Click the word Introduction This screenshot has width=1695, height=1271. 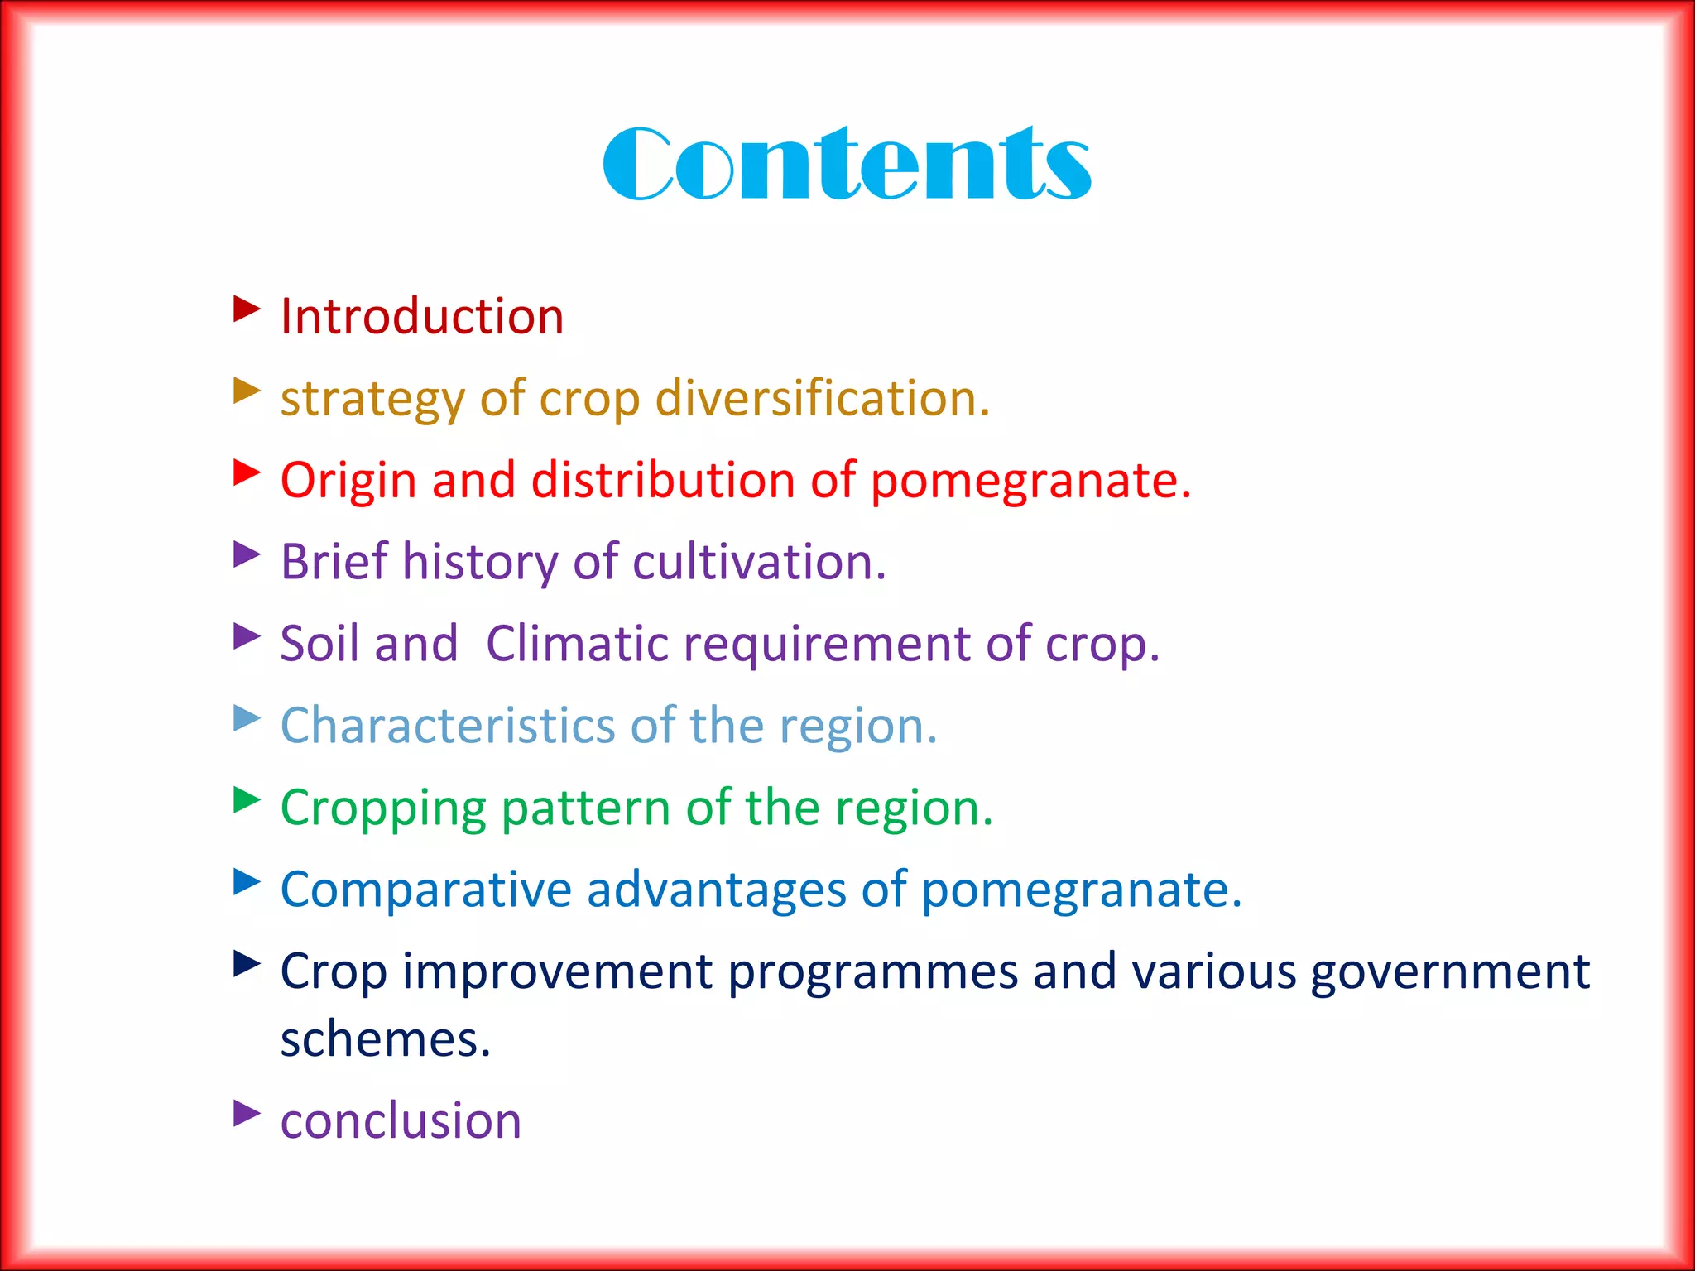coord(422,316)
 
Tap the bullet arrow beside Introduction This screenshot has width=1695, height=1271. coord(246,309)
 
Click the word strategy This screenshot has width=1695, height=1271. coord(372,400)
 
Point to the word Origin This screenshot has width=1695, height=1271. coord(348,481)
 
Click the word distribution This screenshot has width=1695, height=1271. coord(663,480)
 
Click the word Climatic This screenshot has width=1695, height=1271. coord(577,643)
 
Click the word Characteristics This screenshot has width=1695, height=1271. coord(448,725)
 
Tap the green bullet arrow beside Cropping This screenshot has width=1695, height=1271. coord(246,800)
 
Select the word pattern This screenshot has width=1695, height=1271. coord(585,808)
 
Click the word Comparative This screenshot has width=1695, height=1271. coord(425,890)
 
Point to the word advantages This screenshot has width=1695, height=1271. coord(716,890)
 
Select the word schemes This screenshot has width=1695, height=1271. coord(385,1039)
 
